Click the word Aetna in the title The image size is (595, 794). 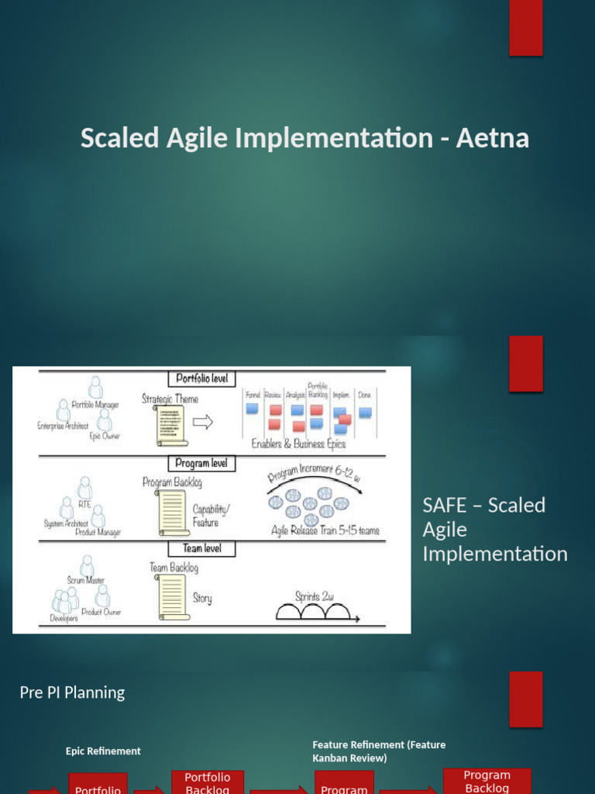click(x=492, y=138)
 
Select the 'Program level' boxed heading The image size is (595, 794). click(x=201, y=463)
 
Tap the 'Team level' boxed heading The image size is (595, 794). click(x=203, y=548)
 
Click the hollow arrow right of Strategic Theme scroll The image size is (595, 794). click(x=203, y=423)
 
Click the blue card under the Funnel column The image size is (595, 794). click(x=252, y=409)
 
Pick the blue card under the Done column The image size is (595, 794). click(x=365, y=413)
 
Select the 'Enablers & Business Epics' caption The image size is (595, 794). click(x=298, y=444)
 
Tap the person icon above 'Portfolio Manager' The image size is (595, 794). click(x=95, y=387)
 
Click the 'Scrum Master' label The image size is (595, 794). click(x=86, y=580)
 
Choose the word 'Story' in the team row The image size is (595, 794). click(x=202, y=599)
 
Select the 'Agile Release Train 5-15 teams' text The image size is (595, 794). click(x=325, y=530)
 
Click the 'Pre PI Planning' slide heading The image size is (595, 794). click(x=72, y=692)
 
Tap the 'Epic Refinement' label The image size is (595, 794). click(x=103, y=751)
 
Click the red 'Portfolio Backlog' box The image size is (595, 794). click(x=207, y=782)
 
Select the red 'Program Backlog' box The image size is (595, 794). click(x=487, y=781)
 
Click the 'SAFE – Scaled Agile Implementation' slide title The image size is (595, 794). click(x=494, y=530)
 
